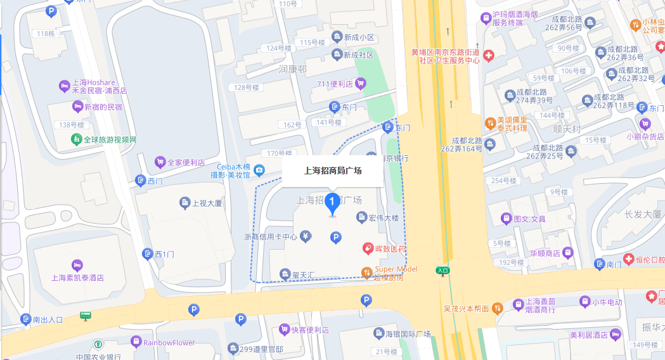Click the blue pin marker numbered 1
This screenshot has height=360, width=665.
(x=332, y=202)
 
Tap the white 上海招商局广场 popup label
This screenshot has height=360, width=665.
(x=333, y=170)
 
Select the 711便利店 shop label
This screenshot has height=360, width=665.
(x=335, y=84)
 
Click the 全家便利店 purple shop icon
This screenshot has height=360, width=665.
(x=161, y=162)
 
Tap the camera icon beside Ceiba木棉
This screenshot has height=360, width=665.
(x=259, y=170)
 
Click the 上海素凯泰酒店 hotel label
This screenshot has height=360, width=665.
(x=77, y=278)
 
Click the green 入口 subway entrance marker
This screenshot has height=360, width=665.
(x=442, y=271)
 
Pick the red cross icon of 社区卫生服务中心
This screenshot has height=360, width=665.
(x=489, y=56)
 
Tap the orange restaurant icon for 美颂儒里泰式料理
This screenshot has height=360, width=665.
(x=489, y=122)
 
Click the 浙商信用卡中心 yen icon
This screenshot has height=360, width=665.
(x=306, y=236)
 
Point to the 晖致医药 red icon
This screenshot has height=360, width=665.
(x=367, y=249)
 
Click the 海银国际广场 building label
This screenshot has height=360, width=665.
(x=408, y=334)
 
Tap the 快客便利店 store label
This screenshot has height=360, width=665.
(x=310, y=330)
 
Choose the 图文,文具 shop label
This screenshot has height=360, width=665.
(x=529, y=219)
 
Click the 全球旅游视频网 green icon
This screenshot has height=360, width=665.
(x=76, y=139)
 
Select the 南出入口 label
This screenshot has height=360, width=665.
(x=48, y=319)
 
